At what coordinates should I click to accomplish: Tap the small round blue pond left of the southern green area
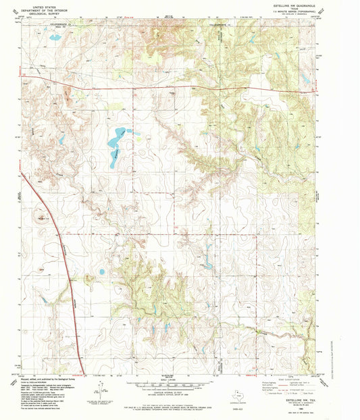click(x=101, y=272)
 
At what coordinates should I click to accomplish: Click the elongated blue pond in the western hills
click(x=61, y=140)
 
